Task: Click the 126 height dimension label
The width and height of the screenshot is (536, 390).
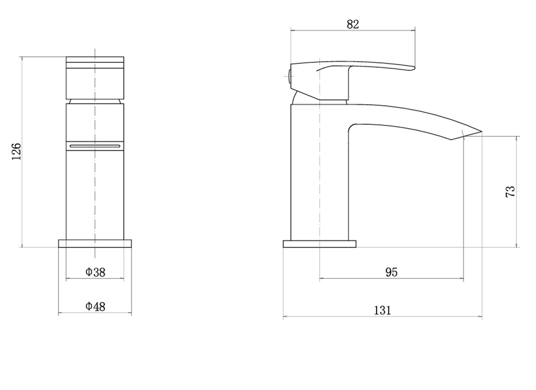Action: tap(16, 152)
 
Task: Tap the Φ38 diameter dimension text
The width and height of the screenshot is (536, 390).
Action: tap(95, 272)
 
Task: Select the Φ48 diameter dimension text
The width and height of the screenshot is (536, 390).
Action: tap(95, 306)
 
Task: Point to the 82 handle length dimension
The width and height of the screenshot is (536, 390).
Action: tap(352, 25)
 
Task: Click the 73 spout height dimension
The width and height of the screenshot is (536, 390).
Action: tap(510, 191)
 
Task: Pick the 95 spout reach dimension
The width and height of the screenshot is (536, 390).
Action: tap(392, 272)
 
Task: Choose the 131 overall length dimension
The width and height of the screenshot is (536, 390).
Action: tap(383, 310)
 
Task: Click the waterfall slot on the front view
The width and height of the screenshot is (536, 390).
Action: tap(95, 146)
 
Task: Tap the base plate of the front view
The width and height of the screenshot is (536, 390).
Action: tap(95, 243)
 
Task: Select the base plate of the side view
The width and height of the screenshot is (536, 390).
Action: tap(320, 244)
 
